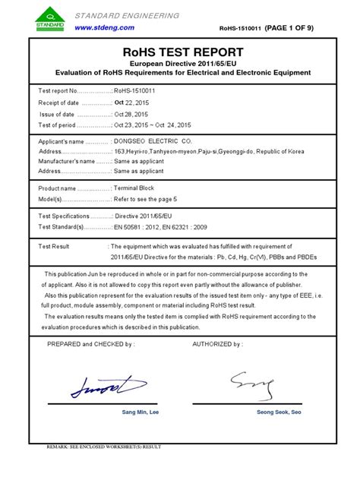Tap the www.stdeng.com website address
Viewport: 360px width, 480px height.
[104, 27]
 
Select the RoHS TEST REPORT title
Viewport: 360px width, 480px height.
[180, 52]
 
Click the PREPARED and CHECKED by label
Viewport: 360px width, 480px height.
[91, 343]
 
